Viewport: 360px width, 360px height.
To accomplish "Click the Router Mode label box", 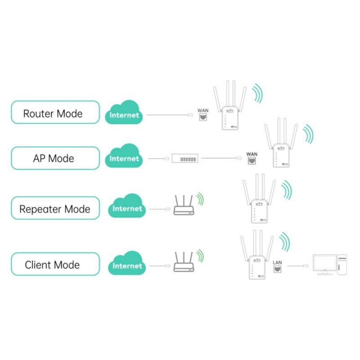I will click(54, 112).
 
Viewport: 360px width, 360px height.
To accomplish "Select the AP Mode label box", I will click(54, 158).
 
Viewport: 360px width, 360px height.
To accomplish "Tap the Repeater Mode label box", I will click(54, 208).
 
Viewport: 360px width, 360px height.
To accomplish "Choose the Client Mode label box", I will click(54, 264).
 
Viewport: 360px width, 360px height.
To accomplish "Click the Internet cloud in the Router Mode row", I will click(124, 113).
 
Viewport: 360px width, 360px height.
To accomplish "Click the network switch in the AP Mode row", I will click(185, 158).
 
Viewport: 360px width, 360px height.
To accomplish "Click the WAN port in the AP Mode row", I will click(252, 158).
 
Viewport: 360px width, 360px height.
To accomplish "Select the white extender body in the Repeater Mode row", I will click(258, 211).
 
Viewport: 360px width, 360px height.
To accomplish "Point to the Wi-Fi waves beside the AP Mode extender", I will click(308, 134).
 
